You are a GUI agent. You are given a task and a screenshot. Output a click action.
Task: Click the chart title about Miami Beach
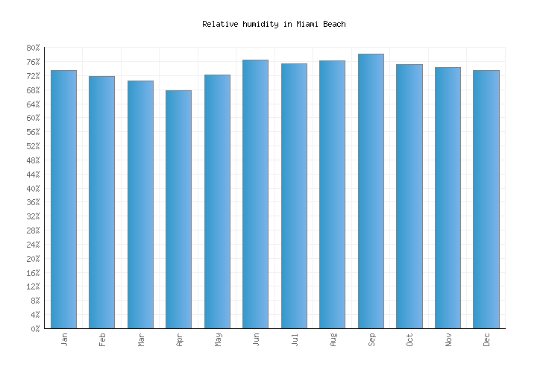coord(274,25)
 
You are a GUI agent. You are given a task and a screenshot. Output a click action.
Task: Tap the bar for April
coord(178,209)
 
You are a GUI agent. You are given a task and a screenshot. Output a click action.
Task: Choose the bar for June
coord(255,194)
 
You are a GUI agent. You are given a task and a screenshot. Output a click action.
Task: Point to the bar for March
coord(140,204)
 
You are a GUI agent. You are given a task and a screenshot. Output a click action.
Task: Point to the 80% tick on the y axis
coord(33,48)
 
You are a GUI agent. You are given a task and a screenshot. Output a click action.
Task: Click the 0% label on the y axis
coord(35,329)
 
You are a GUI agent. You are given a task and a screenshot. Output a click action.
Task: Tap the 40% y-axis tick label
coord(33,188)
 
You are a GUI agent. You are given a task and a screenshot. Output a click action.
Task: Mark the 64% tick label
coord(33,104)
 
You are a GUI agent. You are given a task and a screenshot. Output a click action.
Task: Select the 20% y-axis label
coord(33,259)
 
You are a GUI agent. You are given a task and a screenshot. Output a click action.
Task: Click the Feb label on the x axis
coord(102,339)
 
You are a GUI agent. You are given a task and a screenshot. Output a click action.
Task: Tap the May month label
coord(217,339)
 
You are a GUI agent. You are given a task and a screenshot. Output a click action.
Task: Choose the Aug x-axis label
coord(333,339)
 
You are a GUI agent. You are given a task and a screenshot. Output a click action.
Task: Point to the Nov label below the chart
coord(448,339)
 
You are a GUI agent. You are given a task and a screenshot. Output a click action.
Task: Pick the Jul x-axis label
coord(294,339)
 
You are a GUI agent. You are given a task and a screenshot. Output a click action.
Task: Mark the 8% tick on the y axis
coord(35,301)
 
